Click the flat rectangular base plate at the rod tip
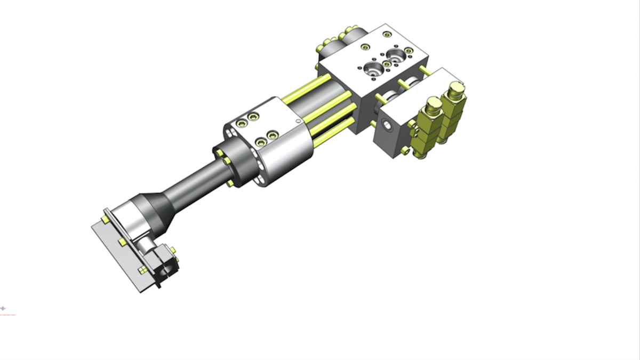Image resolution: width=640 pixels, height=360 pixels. click(115, 251)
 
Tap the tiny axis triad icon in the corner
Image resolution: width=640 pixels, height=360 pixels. click(3, 308)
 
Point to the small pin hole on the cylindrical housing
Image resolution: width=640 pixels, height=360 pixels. click(298, 121)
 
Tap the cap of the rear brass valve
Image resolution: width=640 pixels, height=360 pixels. click(456, 89)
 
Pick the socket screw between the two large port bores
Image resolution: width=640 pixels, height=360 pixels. click(387, 64)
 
